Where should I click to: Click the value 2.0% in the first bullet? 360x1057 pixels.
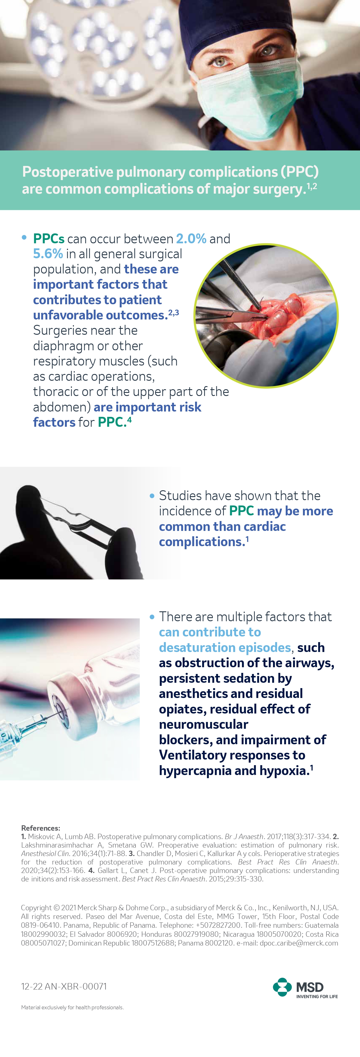pyautogui.click(x=191, y=238)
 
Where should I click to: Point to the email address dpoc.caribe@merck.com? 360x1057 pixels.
pyautogui.click(x=299, y=943)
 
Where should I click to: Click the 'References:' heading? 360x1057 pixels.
pyautogui.click(x=41, y=828)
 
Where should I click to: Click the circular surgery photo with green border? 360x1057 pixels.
pyautogui.click(x=266, y=316)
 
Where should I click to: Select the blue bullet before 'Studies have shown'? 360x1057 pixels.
pyautogui.click(x=152, y=496)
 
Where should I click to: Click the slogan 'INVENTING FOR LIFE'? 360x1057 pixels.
pyautogui.click(x=317, y=996)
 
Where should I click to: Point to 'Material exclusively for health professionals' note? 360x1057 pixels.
pyautogui.click(x=72, y=1007)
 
